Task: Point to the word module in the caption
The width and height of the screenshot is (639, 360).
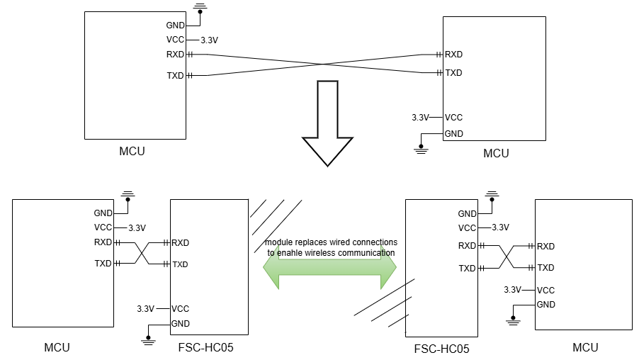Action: click(279, 242)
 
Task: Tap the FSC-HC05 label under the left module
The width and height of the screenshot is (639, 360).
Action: click(207, 347)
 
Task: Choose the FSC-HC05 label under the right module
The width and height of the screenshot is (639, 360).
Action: click(441, 349)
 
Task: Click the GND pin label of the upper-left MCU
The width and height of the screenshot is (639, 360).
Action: click(175, 26)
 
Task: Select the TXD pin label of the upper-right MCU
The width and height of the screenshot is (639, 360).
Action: click(453, 73)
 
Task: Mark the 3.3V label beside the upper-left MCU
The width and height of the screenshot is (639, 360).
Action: click(209, 40)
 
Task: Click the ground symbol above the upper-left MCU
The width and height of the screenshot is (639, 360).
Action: click(200, 8)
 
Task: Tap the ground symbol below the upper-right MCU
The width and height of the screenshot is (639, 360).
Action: click(422, 148)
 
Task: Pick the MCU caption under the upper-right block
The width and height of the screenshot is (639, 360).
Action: click(496, 153)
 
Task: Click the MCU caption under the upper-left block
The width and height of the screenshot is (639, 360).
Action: click(132, 151)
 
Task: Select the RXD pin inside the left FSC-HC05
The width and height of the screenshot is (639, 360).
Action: click(180, 242)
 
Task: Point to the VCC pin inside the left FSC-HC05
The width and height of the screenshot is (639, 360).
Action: click(180, 309)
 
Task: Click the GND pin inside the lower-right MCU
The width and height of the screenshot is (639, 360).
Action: click(545, 305)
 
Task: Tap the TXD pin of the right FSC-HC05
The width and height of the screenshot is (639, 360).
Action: click(468, 269)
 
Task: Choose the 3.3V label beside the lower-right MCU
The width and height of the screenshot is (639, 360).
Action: click(512, 290)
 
